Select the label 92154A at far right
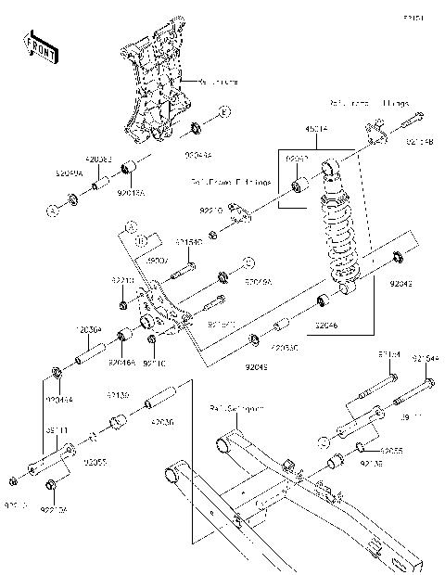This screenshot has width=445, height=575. [x=426, y=357]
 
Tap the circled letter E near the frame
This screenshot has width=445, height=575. [x=225, y=112]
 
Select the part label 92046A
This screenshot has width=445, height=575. [x=121, y=362]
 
